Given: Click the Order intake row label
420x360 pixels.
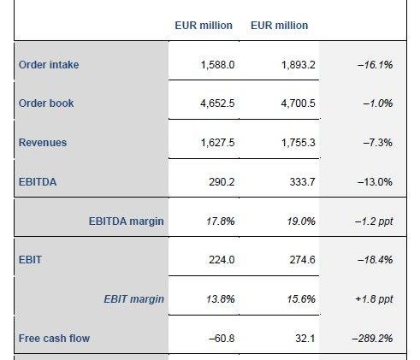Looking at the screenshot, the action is (49, 65).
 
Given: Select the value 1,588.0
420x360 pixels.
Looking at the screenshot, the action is (217, 65).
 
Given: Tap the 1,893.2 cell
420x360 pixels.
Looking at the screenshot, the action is (299, 65).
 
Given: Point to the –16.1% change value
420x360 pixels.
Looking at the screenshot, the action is (375, 65).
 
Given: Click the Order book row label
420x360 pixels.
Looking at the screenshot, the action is (46, 103).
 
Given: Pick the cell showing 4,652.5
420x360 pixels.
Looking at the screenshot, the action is (217, 103).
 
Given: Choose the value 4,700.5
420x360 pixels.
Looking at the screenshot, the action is (298, 103).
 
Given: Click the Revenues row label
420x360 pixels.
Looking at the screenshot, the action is (43, 143).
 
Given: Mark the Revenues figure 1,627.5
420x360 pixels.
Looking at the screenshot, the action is (217, 143).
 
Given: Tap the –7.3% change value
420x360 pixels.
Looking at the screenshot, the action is (378, 143).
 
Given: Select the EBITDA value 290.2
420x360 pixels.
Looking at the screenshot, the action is (222, 182).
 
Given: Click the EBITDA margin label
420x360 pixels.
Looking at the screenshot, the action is (127, 221).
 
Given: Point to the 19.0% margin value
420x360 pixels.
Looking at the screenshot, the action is (301, 221).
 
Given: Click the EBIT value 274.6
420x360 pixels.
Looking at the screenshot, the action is (302, 260).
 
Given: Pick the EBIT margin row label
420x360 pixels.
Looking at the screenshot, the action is (133, 299).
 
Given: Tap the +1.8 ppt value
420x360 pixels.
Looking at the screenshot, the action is (374, 299).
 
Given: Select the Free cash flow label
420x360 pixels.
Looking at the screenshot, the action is (54, 339).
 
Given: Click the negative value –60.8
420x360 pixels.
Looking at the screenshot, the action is (222, 339).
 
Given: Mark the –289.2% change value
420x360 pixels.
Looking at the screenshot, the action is (372, 339).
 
